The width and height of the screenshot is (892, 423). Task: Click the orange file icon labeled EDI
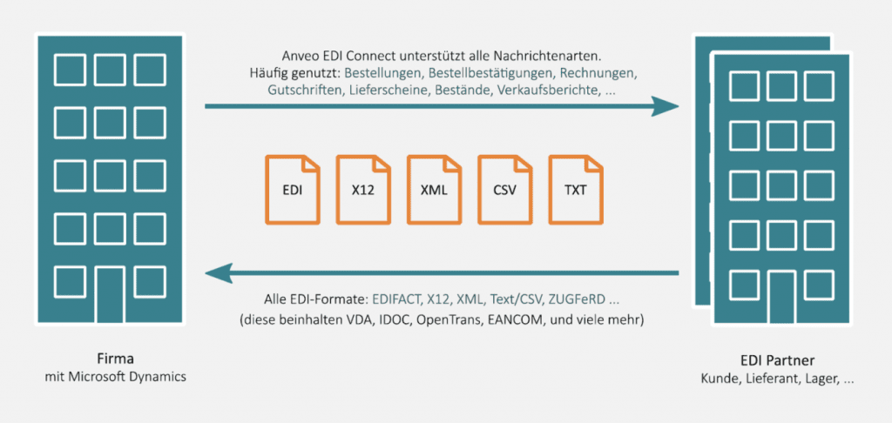[x=292, y=189]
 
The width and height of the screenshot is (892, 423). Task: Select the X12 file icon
[x=362, y=189]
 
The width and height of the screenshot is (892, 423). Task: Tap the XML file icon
[x=433, y=189]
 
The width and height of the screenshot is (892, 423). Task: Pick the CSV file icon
[x=503, y=189]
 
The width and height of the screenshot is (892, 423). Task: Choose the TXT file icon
[x=574, y=189]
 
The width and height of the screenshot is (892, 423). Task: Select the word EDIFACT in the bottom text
[x=397, y=299]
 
